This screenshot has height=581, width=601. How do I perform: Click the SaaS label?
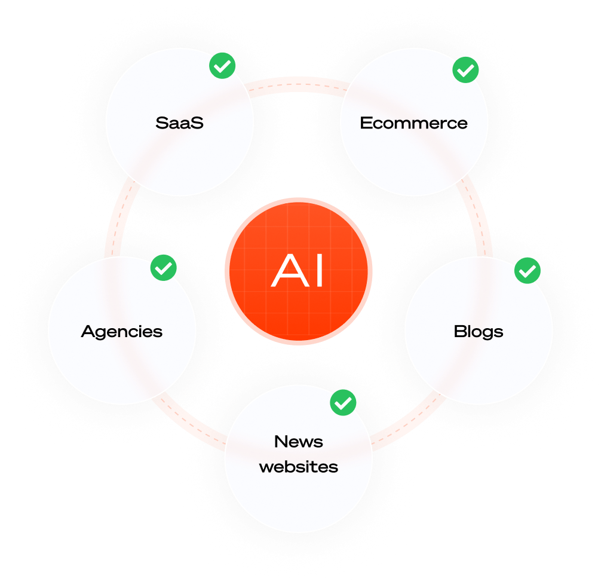pyautogui.click(x=179, y=123)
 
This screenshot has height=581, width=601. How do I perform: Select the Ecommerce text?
pyautogui.click(x=413, y=123)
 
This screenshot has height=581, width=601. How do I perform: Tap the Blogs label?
pyautogui.click(x=478, y=331)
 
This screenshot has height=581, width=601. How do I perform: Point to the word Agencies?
pyautogui.click(x=122, y=331)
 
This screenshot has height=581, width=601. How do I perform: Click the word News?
pyautogui.click(x=299, y=442)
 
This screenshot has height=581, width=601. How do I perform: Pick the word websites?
pyautogui.click(x=299, y=466)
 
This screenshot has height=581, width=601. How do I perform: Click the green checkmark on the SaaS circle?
pyautogui.click(x=222, y=67)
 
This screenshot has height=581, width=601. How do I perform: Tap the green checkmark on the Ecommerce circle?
pyautogui.click(x=465, y=71)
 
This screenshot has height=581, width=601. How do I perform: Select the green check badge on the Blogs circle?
pyautogui.click(x=528, y=271)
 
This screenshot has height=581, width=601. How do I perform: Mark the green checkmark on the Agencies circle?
pyautogui.click(x=163, y=268)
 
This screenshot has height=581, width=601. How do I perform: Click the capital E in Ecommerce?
pyautogui.click(x=366, y=123)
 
